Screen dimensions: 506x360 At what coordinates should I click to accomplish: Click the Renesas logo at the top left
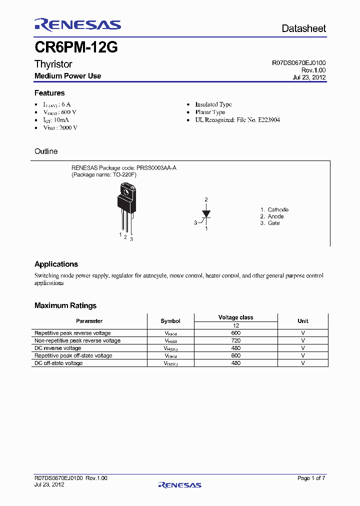77,25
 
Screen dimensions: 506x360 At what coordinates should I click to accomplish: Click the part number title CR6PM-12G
76,48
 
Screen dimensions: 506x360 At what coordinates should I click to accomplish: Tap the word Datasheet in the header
303,28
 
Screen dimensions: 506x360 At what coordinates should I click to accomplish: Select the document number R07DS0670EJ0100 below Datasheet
298,63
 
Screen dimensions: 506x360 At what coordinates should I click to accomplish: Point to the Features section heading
49,93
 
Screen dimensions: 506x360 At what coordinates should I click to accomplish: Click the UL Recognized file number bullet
237,120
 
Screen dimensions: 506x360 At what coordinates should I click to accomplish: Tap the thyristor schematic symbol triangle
206,214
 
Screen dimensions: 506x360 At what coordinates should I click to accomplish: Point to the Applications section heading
56,264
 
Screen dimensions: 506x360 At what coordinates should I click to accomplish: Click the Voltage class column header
235,317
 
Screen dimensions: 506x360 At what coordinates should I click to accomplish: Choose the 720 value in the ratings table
236,340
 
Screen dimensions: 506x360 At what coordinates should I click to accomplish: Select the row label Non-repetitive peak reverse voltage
77,340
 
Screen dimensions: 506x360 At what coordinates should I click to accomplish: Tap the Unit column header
302,321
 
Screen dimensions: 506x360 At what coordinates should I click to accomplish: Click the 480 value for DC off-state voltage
236,363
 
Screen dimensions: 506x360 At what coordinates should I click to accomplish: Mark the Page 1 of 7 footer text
311,478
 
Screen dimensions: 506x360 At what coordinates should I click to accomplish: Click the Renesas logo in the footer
179,484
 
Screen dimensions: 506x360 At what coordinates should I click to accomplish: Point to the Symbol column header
170,321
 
